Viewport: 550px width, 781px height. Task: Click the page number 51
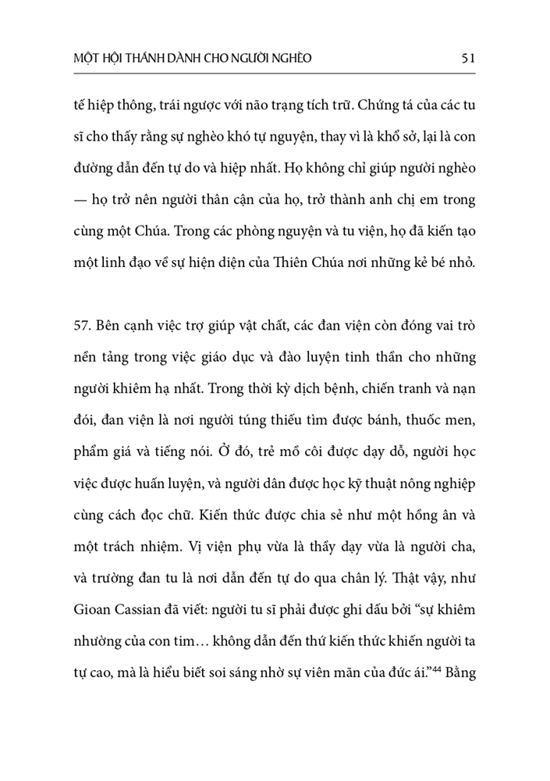(468, 58)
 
